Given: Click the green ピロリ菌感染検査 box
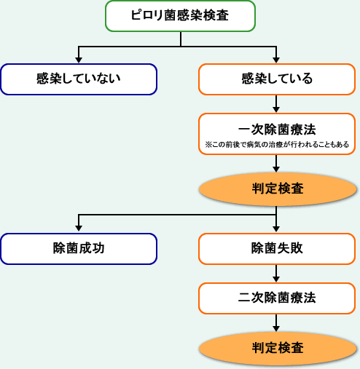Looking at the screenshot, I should tap(180, 16).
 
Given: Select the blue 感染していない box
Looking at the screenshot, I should tap(79, 79).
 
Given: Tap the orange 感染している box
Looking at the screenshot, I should tap(276, 79).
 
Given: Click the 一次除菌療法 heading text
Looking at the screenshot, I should tap(276, 129).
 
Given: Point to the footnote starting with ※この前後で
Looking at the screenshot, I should tap(276, 144).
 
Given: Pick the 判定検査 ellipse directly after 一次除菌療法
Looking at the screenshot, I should tap(276, 189).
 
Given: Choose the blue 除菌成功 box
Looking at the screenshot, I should tap(79, 248).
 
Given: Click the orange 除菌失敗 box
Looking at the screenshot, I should tap(276, 248).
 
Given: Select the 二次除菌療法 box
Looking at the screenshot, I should tap(276, 297).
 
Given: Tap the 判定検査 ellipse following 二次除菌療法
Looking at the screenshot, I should tap(276, 347).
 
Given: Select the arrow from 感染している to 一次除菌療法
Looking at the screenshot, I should tap(276, 103).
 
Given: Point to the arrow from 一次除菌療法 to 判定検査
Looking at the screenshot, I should tap(276, 164).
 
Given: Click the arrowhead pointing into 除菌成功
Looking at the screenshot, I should tap(79, 229).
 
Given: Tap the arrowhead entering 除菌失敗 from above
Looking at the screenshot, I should tap(276, 229).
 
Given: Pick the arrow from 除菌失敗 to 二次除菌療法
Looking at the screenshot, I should tap(276, 273).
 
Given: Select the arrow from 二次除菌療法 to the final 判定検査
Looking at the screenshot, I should tap(276, 322).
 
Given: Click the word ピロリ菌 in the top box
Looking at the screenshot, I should tap(149, 16).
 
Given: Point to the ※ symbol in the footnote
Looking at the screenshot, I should tap(208, 144).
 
